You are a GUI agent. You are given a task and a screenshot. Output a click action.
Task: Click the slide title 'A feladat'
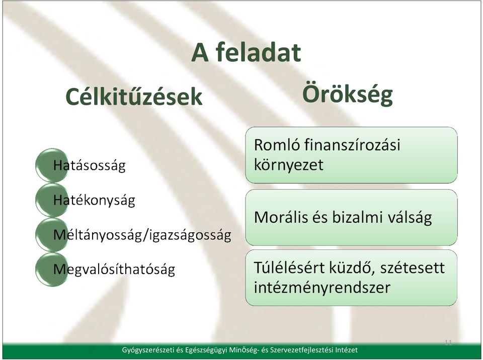coord(246,52)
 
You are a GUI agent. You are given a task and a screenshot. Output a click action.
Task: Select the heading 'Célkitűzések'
coord(134,97)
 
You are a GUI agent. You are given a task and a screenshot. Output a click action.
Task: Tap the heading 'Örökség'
coord(348,95)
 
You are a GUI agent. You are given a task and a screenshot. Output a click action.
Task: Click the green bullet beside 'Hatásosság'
coord(52,165)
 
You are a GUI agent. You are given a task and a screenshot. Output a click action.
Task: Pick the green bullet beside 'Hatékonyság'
coord(52,200)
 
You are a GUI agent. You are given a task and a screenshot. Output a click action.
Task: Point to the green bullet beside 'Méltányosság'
coord(52,235)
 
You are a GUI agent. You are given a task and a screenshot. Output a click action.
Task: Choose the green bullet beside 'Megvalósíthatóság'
coord(52,269)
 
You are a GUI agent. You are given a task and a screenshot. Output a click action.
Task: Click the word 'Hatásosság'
coord(90,166)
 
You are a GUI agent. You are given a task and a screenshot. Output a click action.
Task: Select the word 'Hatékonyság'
coord(94,201)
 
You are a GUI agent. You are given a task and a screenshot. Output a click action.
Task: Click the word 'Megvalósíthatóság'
coord(114,270)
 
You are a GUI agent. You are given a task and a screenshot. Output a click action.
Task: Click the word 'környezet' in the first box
coord(289,165)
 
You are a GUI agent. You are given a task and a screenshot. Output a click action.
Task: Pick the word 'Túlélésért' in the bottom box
coord(289,267)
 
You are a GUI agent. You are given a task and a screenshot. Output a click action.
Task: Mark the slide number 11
coord(448,343)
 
